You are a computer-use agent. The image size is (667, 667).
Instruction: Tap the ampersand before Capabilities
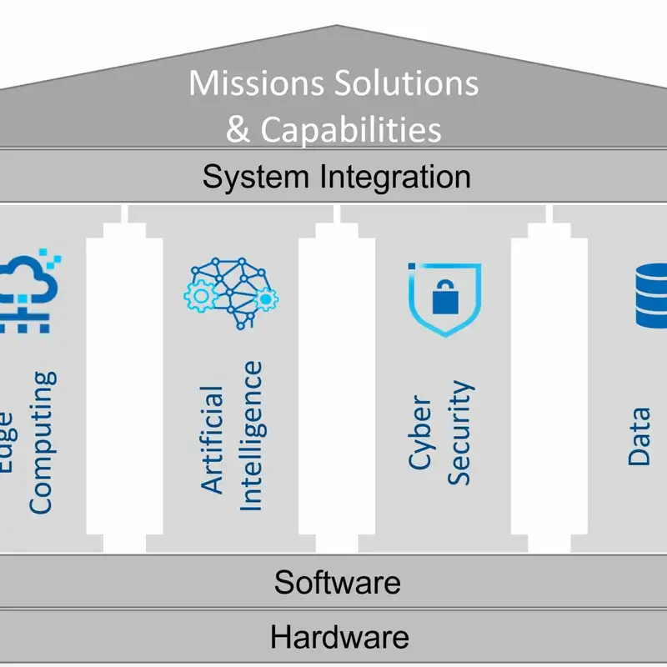pos(238,130)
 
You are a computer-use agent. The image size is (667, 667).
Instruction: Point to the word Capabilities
pos(350,130)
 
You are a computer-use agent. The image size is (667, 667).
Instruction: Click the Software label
pos(337,581)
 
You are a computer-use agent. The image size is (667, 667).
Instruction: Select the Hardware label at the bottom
pos(339,638)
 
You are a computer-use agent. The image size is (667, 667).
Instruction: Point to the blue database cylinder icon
pos(651,296)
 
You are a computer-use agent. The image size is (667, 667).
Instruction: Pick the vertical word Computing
pos(41,442)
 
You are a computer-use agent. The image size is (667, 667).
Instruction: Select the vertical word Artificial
pos(213,438)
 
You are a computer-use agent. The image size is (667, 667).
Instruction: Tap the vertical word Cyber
pos(421,434)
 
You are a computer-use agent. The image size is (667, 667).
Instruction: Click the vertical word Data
pos(639,435)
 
